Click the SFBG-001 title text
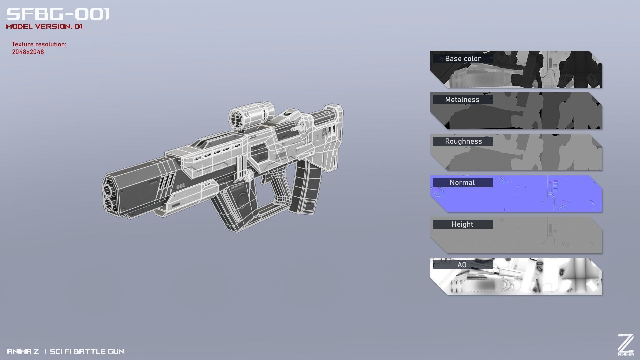[58, 14]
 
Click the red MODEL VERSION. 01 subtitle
[44, 27]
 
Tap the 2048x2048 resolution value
[28, 52]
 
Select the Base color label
[463, 59]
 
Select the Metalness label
[462, 100]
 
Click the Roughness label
[463, 141]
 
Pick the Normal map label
[462, 183]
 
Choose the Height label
[462, 224]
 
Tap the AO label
[462, 265]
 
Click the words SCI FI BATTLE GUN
[87, 351]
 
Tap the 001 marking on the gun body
[180, 186]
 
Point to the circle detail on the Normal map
[439, 192]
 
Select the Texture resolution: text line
[39, 44]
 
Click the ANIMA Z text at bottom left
[23, 351]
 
